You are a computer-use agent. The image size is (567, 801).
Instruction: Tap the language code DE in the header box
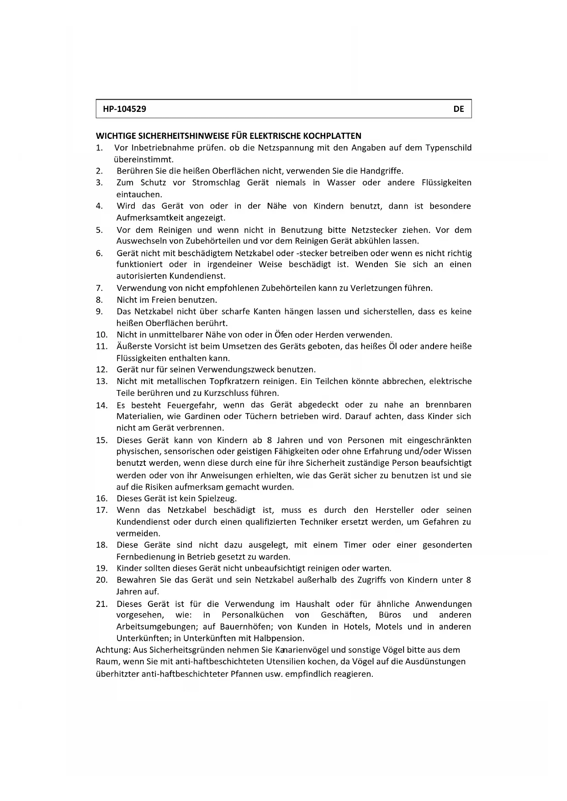pos(459,109)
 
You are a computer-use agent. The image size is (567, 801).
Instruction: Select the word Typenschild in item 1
pos(448,148)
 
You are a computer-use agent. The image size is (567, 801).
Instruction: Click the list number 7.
pos(99,288)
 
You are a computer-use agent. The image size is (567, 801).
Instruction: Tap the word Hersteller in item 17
pos(394,510)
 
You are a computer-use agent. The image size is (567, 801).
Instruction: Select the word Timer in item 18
pos(355,545)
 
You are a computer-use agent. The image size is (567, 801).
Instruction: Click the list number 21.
pos(101,604)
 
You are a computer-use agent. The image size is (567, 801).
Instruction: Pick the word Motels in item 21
pos(389,627)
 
